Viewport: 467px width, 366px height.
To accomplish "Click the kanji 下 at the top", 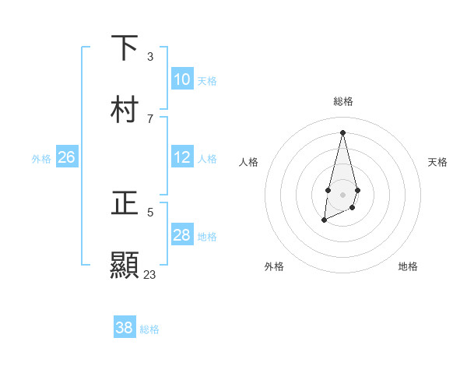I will point(125,48).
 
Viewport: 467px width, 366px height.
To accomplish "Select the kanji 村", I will point(125,110).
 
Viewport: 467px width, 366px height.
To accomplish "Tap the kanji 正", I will point(125,203).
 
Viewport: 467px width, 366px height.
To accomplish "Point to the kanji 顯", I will point(125,266).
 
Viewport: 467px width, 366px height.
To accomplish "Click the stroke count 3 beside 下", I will point(150,56).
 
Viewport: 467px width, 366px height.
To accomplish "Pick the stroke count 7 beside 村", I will point(150,118).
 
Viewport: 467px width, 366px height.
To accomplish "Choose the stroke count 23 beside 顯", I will point(150,274).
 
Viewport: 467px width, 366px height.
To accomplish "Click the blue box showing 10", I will point(182,79).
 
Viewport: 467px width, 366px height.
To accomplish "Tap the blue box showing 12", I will point(182,157).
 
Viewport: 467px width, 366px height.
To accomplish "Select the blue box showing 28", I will point(182,235).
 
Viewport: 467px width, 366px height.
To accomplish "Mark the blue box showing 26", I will point(66,157).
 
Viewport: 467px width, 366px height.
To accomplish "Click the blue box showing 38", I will point(125,328).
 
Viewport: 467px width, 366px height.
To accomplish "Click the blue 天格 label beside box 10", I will point(207,81).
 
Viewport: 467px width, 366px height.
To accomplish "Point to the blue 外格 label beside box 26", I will point(41,159).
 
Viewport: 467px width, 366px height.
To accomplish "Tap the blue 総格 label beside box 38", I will point(149,329).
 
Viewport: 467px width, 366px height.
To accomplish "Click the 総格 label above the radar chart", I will point(342,101).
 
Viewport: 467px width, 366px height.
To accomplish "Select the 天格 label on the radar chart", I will point(437,162).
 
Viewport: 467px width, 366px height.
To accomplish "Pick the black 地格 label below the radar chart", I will point(408,266).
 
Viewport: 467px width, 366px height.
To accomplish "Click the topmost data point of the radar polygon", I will point(342,132).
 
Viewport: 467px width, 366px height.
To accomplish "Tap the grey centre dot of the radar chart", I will point(342,193).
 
